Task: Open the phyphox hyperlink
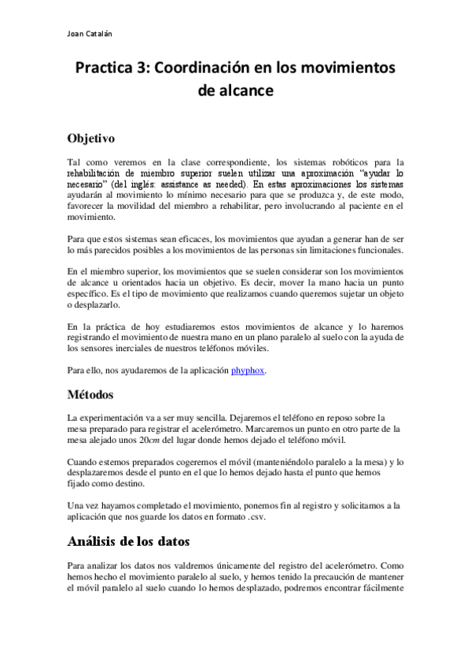click(x=248, y=370)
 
